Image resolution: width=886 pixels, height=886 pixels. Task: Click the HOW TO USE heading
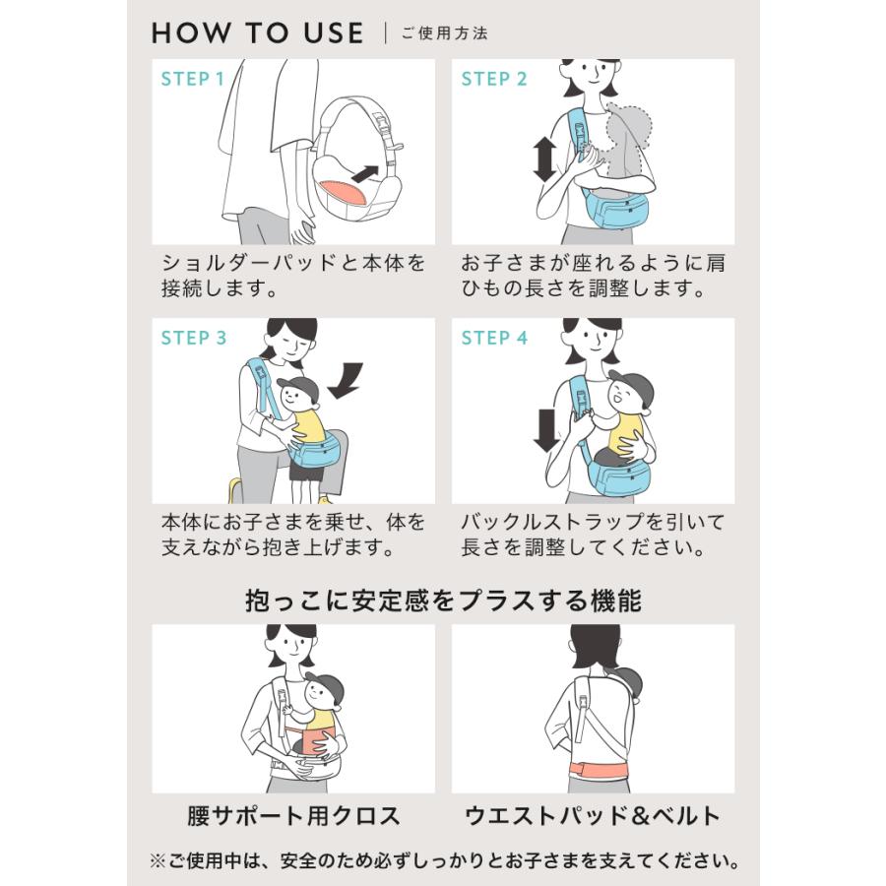click(258, 32)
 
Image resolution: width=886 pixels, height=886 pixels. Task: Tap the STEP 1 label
click(193, 79)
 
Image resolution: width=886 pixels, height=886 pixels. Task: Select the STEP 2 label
click(494, 79)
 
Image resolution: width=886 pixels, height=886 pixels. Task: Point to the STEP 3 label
click(194, 338)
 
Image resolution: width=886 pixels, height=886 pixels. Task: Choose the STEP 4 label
click(494, 338)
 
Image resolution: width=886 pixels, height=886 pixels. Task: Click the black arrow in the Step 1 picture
click(365, 173)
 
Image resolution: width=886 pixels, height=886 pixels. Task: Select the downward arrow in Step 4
click(545, 430)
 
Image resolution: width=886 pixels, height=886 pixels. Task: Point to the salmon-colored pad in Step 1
click(343, 194)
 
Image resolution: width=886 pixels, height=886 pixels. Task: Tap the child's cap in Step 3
click(299, 387)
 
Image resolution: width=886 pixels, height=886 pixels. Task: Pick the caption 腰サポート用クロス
click(293, 816)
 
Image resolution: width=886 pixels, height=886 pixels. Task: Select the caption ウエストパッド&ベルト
click(593, 816)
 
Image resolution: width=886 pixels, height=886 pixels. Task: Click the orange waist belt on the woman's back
click(599, 770)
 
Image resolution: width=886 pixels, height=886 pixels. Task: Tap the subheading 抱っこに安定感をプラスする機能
click(443, 601)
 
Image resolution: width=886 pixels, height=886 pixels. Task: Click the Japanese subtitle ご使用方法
click(445, 33)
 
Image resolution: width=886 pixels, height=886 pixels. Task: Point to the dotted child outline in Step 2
click(629, 141)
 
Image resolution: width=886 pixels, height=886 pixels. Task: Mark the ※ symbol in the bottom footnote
click(158, 861)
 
